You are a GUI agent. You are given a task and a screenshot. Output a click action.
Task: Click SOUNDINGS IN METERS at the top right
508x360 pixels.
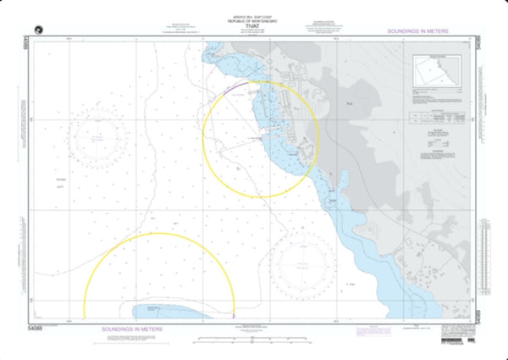click(417, 30)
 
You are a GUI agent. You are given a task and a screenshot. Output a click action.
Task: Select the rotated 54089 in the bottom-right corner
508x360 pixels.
click(481, 316)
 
